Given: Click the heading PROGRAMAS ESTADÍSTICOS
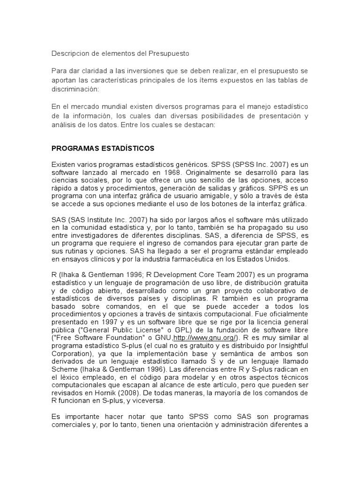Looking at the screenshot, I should pyautogui.click(x=103, y=148).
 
